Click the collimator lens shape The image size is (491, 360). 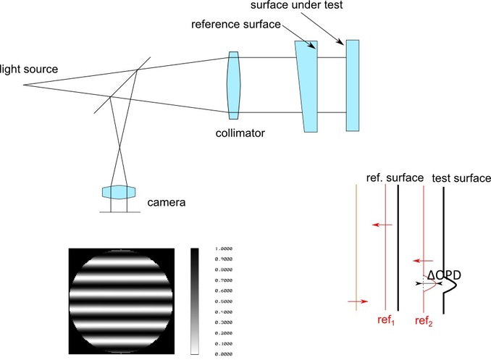(232, 85)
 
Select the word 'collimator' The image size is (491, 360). (239, 133)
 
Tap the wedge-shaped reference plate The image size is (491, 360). (307, 85)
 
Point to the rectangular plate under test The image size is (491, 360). (353, 85)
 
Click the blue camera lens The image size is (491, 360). (119, 193)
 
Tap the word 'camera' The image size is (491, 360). (167, 202)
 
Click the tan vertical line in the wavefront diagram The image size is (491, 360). (356, 246)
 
